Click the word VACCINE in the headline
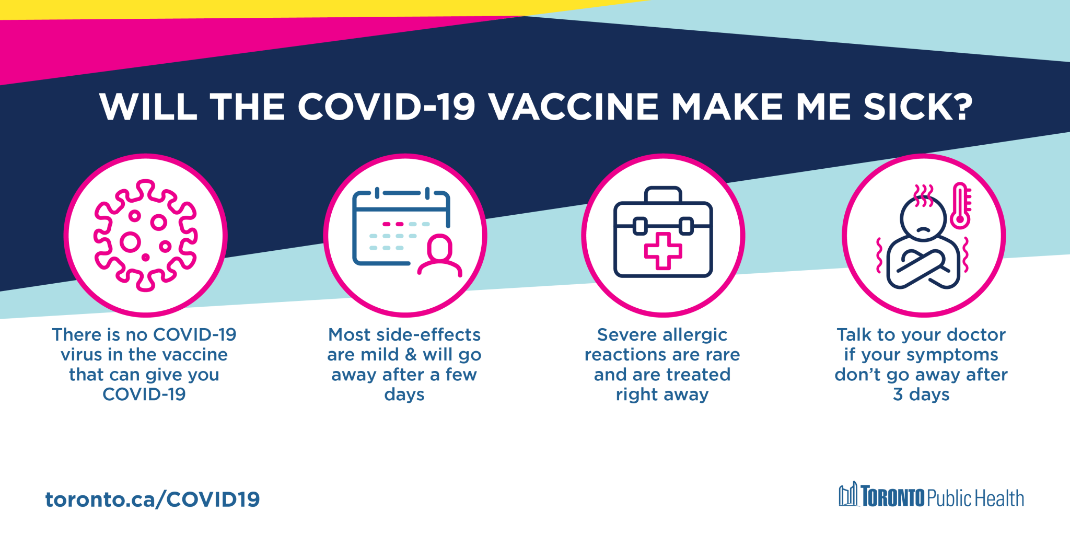[574, 107]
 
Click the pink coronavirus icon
[145, 235]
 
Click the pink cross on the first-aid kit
[663, 251]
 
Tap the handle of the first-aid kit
[663, 194]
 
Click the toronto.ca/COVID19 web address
[152, 499]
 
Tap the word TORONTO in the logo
[893, 497]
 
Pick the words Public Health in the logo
[975, 498]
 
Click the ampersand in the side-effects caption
[411, 355]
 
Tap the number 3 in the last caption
[898, 394]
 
